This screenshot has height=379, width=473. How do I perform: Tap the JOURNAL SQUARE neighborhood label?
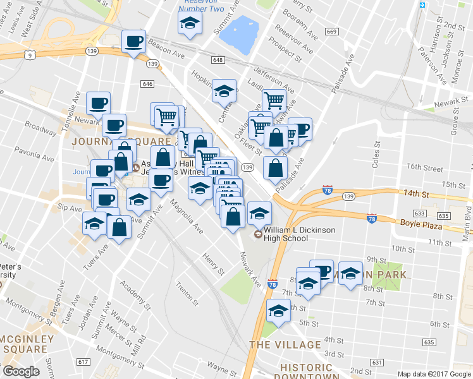coord(121,141)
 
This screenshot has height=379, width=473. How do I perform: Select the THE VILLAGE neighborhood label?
coord(285,345)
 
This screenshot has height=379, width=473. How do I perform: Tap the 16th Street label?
coord(425,168)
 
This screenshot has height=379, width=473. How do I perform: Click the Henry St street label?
coord(214,264)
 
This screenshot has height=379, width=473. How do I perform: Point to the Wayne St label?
coord(222,366)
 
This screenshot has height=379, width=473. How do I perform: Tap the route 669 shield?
coord(332,32)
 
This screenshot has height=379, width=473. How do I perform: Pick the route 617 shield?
coord(83,362)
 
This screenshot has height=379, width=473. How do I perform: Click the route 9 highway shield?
coord(30,55)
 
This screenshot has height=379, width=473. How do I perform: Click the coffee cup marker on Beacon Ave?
coord(133,42)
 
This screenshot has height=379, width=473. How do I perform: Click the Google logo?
coord(21,371)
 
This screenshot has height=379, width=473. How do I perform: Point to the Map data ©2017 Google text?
coord(434,374)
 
